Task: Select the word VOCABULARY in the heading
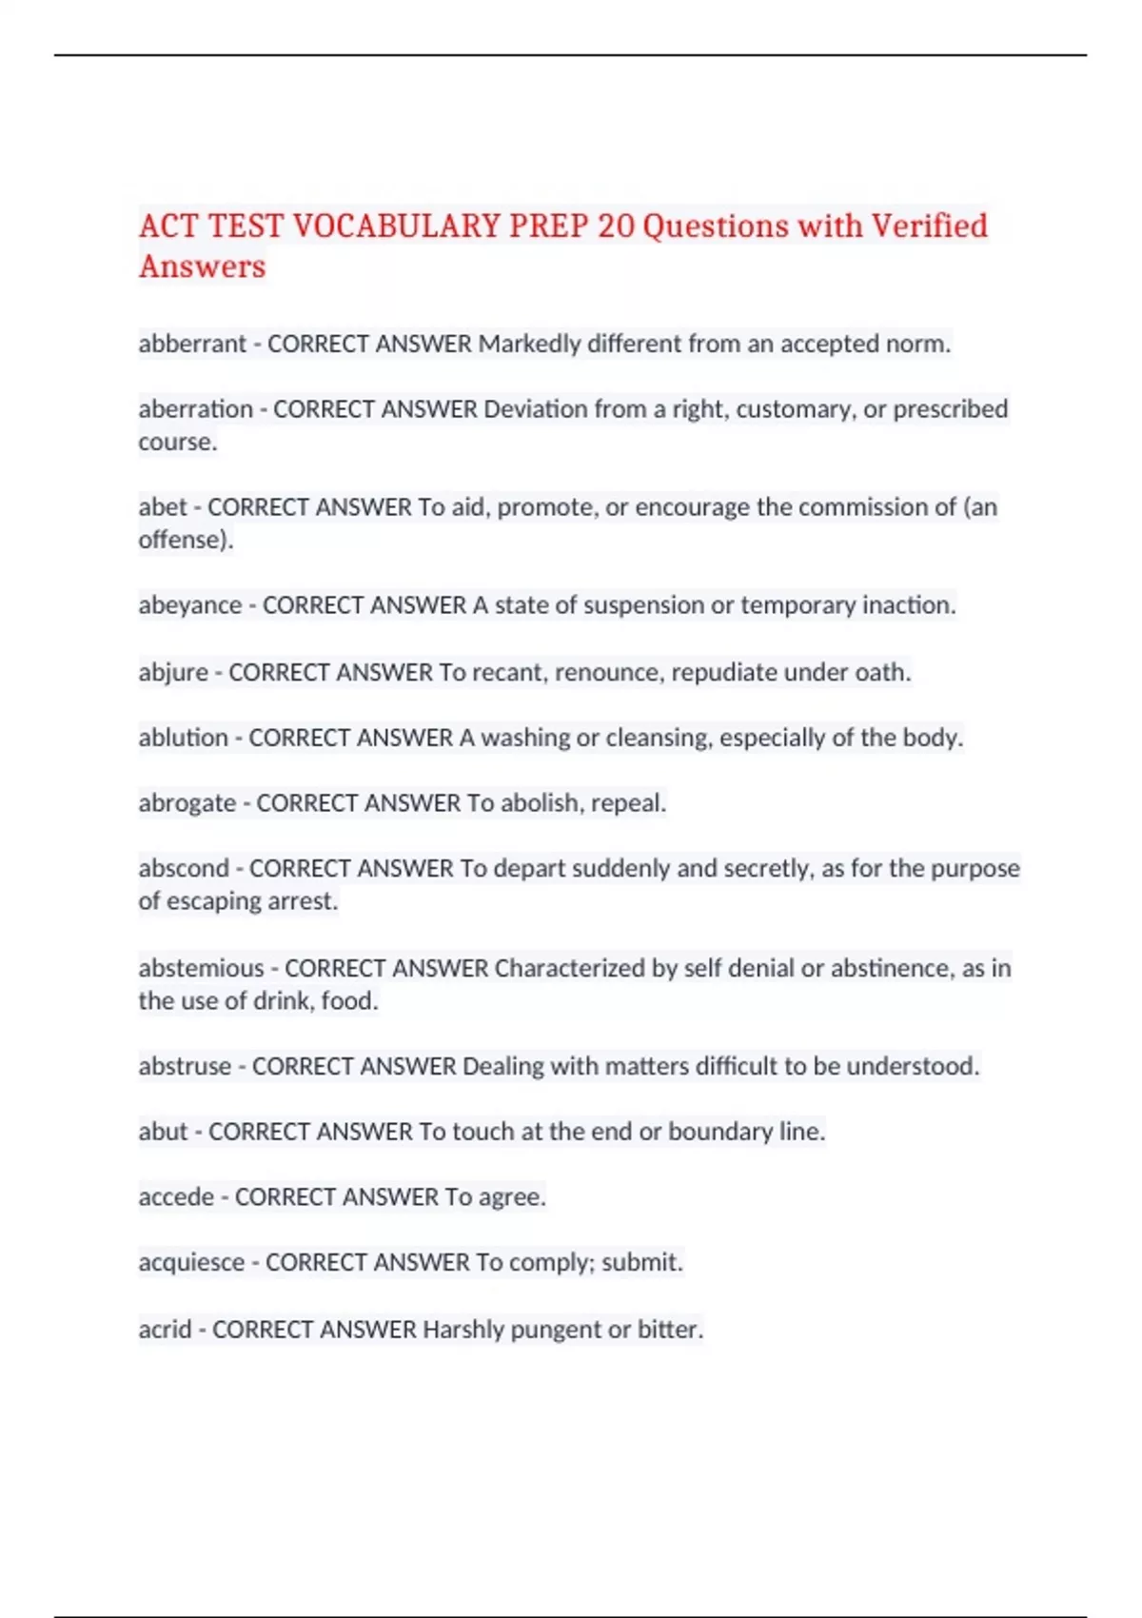[x=397, y=227]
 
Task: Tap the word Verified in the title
[x=929, y=227]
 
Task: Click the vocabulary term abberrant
[x=192, y=344]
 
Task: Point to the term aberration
[x=195, y=409]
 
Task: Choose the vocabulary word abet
[x=163, y=507]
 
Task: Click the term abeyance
[x=189, y=605]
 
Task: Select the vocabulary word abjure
[x=173, y=672]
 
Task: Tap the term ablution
[x=183, y=738]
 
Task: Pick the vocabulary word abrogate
[x=187, y=803]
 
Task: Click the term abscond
[x=184, y=868]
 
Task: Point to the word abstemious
[x=201, y=968]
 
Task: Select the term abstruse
[x=185, y=1066]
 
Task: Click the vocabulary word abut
[x=163, y=1132]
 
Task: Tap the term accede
[x=176, y=1196]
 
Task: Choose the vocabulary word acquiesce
[x=191, y=1262]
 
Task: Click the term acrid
[x=165, y=1329]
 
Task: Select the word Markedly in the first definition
[x=529, y=344]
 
